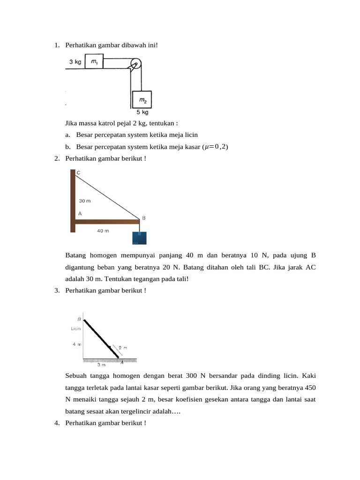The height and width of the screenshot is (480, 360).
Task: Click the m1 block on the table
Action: pos(94,61)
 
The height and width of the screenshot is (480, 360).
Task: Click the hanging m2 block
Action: pos(142,100)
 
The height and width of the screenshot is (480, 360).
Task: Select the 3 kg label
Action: pos(75,61)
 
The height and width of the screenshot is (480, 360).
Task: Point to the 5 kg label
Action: pos(142,112)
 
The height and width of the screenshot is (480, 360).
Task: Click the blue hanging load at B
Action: pos(140,238)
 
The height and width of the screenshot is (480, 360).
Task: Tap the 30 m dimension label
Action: pos(84,201)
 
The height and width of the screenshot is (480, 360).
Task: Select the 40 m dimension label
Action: pos(103,231)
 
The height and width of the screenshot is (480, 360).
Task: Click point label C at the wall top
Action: pos(78,173)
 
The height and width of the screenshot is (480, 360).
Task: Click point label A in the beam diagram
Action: pos(80,213)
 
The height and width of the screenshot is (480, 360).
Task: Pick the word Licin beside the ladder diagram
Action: pos(76,329)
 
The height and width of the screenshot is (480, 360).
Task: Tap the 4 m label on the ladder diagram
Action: pos(77,344)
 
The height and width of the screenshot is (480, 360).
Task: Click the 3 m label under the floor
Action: pos(101,364)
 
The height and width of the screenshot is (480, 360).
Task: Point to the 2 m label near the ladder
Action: pos(123,348)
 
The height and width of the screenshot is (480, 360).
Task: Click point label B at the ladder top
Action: pos(79,319)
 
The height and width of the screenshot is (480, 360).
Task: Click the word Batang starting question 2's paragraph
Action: pos(76,255)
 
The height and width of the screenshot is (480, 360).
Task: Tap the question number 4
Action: pos(56,423)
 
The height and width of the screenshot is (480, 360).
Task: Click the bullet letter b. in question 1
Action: pos(68,147)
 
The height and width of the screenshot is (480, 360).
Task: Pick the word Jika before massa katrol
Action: pos(72,123)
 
